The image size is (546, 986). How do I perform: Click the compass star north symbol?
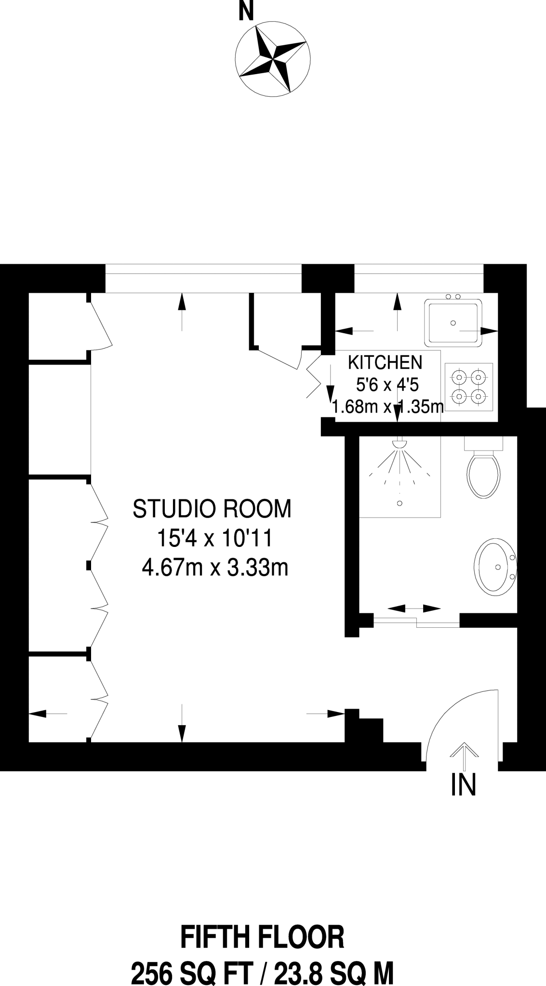pos(272,58)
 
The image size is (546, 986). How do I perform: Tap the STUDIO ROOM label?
pos(212,509)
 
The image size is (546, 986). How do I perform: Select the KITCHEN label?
pos(386,362)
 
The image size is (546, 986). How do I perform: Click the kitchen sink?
pos(453,323)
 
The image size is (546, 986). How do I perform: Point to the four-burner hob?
pos(469,387)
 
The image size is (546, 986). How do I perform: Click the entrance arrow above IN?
pos(464,756)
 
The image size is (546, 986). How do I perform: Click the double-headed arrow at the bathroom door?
pos(414,609)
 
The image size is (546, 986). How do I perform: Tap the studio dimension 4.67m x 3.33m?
pos(215,568)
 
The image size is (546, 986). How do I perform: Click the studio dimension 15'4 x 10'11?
pos(215,539)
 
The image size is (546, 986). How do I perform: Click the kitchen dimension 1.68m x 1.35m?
pos(387,408)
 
